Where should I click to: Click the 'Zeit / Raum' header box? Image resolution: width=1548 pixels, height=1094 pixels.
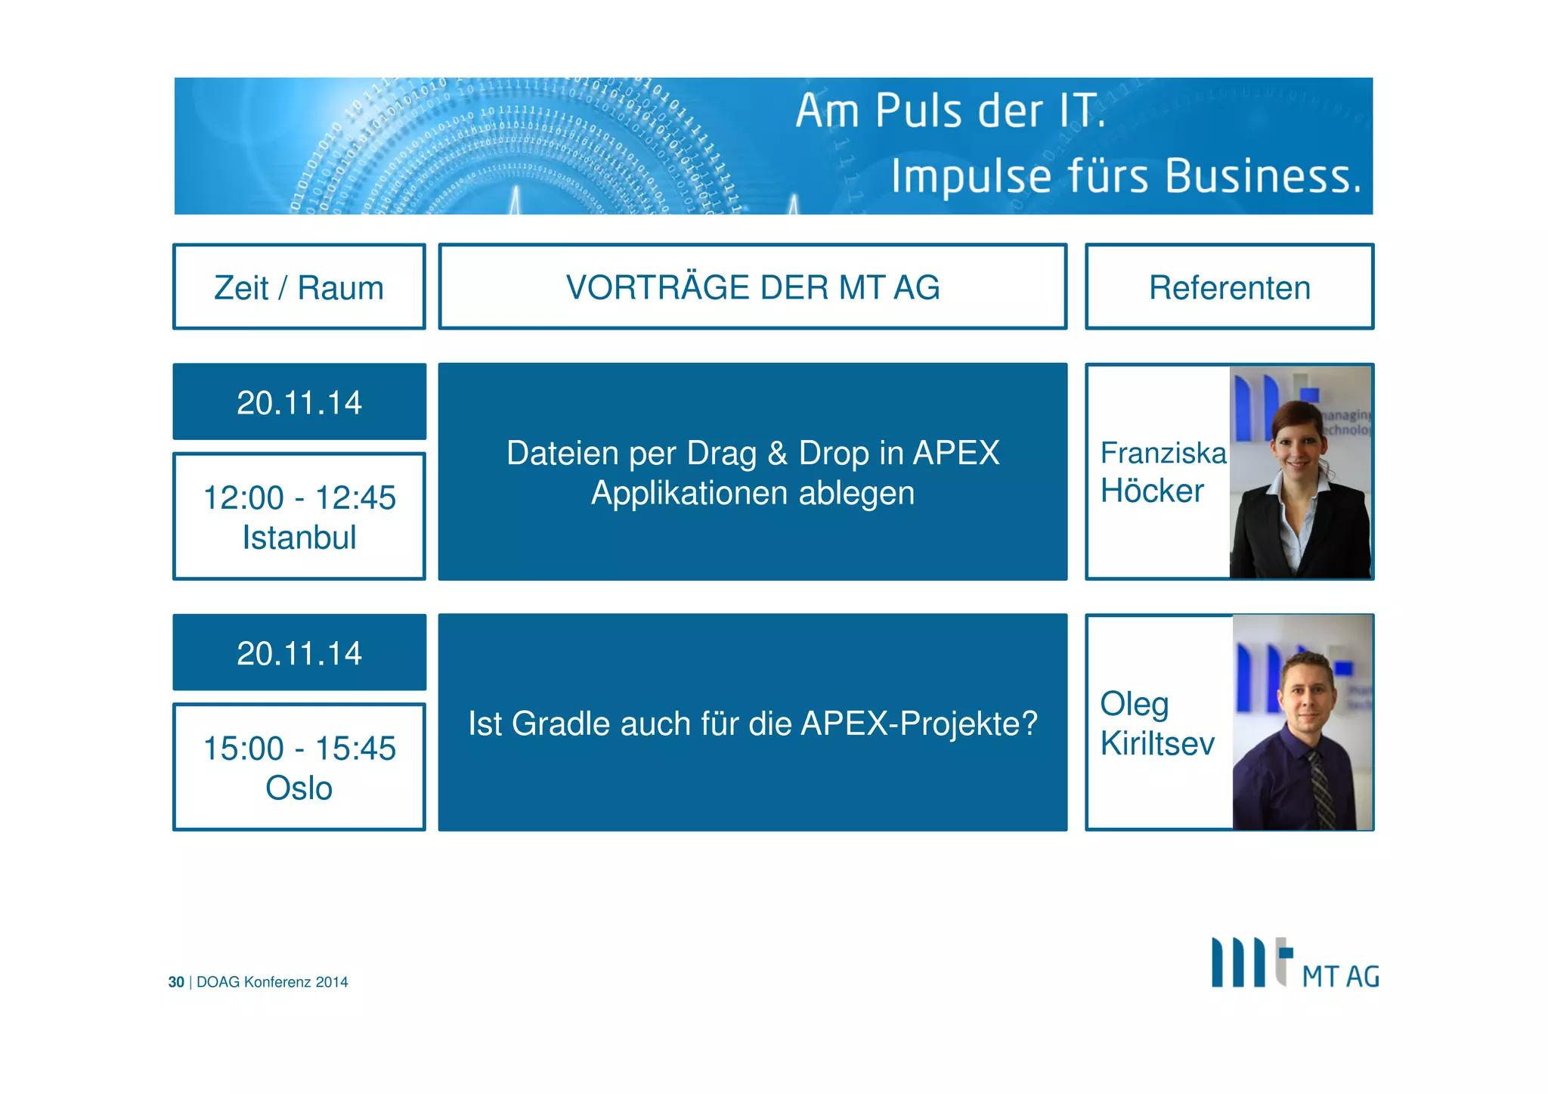(299, 287)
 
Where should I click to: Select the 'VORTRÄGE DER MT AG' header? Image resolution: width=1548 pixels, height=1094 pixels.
(752, 287)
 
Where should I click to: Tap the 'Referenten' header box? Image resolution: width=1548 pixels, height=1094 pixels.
(1229, 287)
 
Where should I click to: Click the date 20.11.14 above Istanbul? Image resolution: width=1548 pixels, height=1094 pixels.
(299, 402)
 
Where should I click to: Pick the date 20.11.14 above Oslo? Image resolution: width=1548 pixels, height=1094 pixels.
(299, 653)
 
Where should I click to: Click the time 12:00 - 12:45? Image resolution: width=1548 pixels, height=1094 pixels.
(299, 497)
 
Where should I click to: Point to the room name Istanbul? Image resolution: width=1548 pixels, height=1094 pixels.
(299, 538)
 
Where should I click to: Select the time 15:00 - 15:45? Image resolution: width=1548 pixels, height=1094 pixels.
(299, 748)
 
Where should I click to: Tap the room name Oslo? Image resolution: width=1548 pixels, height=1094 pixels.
(299, 788)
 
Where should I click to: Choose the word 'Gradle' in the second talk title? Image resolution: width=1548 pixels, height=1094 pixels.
(561, 724)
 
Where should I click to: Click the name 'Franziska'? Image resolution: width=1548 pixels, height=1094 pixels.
(1163, 453)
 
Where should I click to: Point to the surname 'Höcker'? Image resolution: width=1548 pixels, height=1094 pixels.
(1152, 491)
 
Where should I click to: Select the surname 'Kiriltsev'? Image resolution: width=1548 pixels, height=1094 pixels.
(1157, 743)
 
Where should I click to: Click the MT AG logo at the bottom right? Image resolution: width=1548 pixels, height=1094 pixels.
(1294, 964)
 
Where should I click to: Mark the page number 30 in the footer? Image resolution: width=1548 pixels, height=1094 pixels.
(176, 982)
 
